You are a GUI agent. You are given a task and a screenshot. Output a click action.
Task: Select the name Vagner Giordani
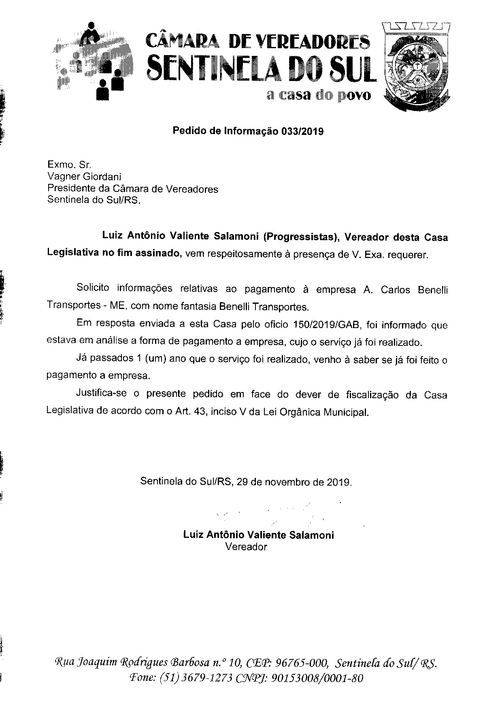point(84,177)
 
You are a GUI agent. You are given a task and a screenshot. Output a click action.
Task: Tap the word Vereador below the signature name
point(246,547)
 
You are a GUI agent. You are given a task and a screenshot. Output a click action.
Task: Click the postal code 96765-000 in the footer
point(301,663)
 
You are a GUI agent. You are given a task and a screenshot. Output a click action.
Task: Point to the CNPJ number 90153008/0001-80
point(316,678)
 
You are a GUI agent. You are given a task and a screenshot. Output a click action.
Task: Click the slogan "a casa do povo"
point(318,96)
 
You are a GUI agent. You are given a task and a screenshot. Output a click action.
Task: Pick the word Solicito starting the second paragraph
point(93,289)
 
